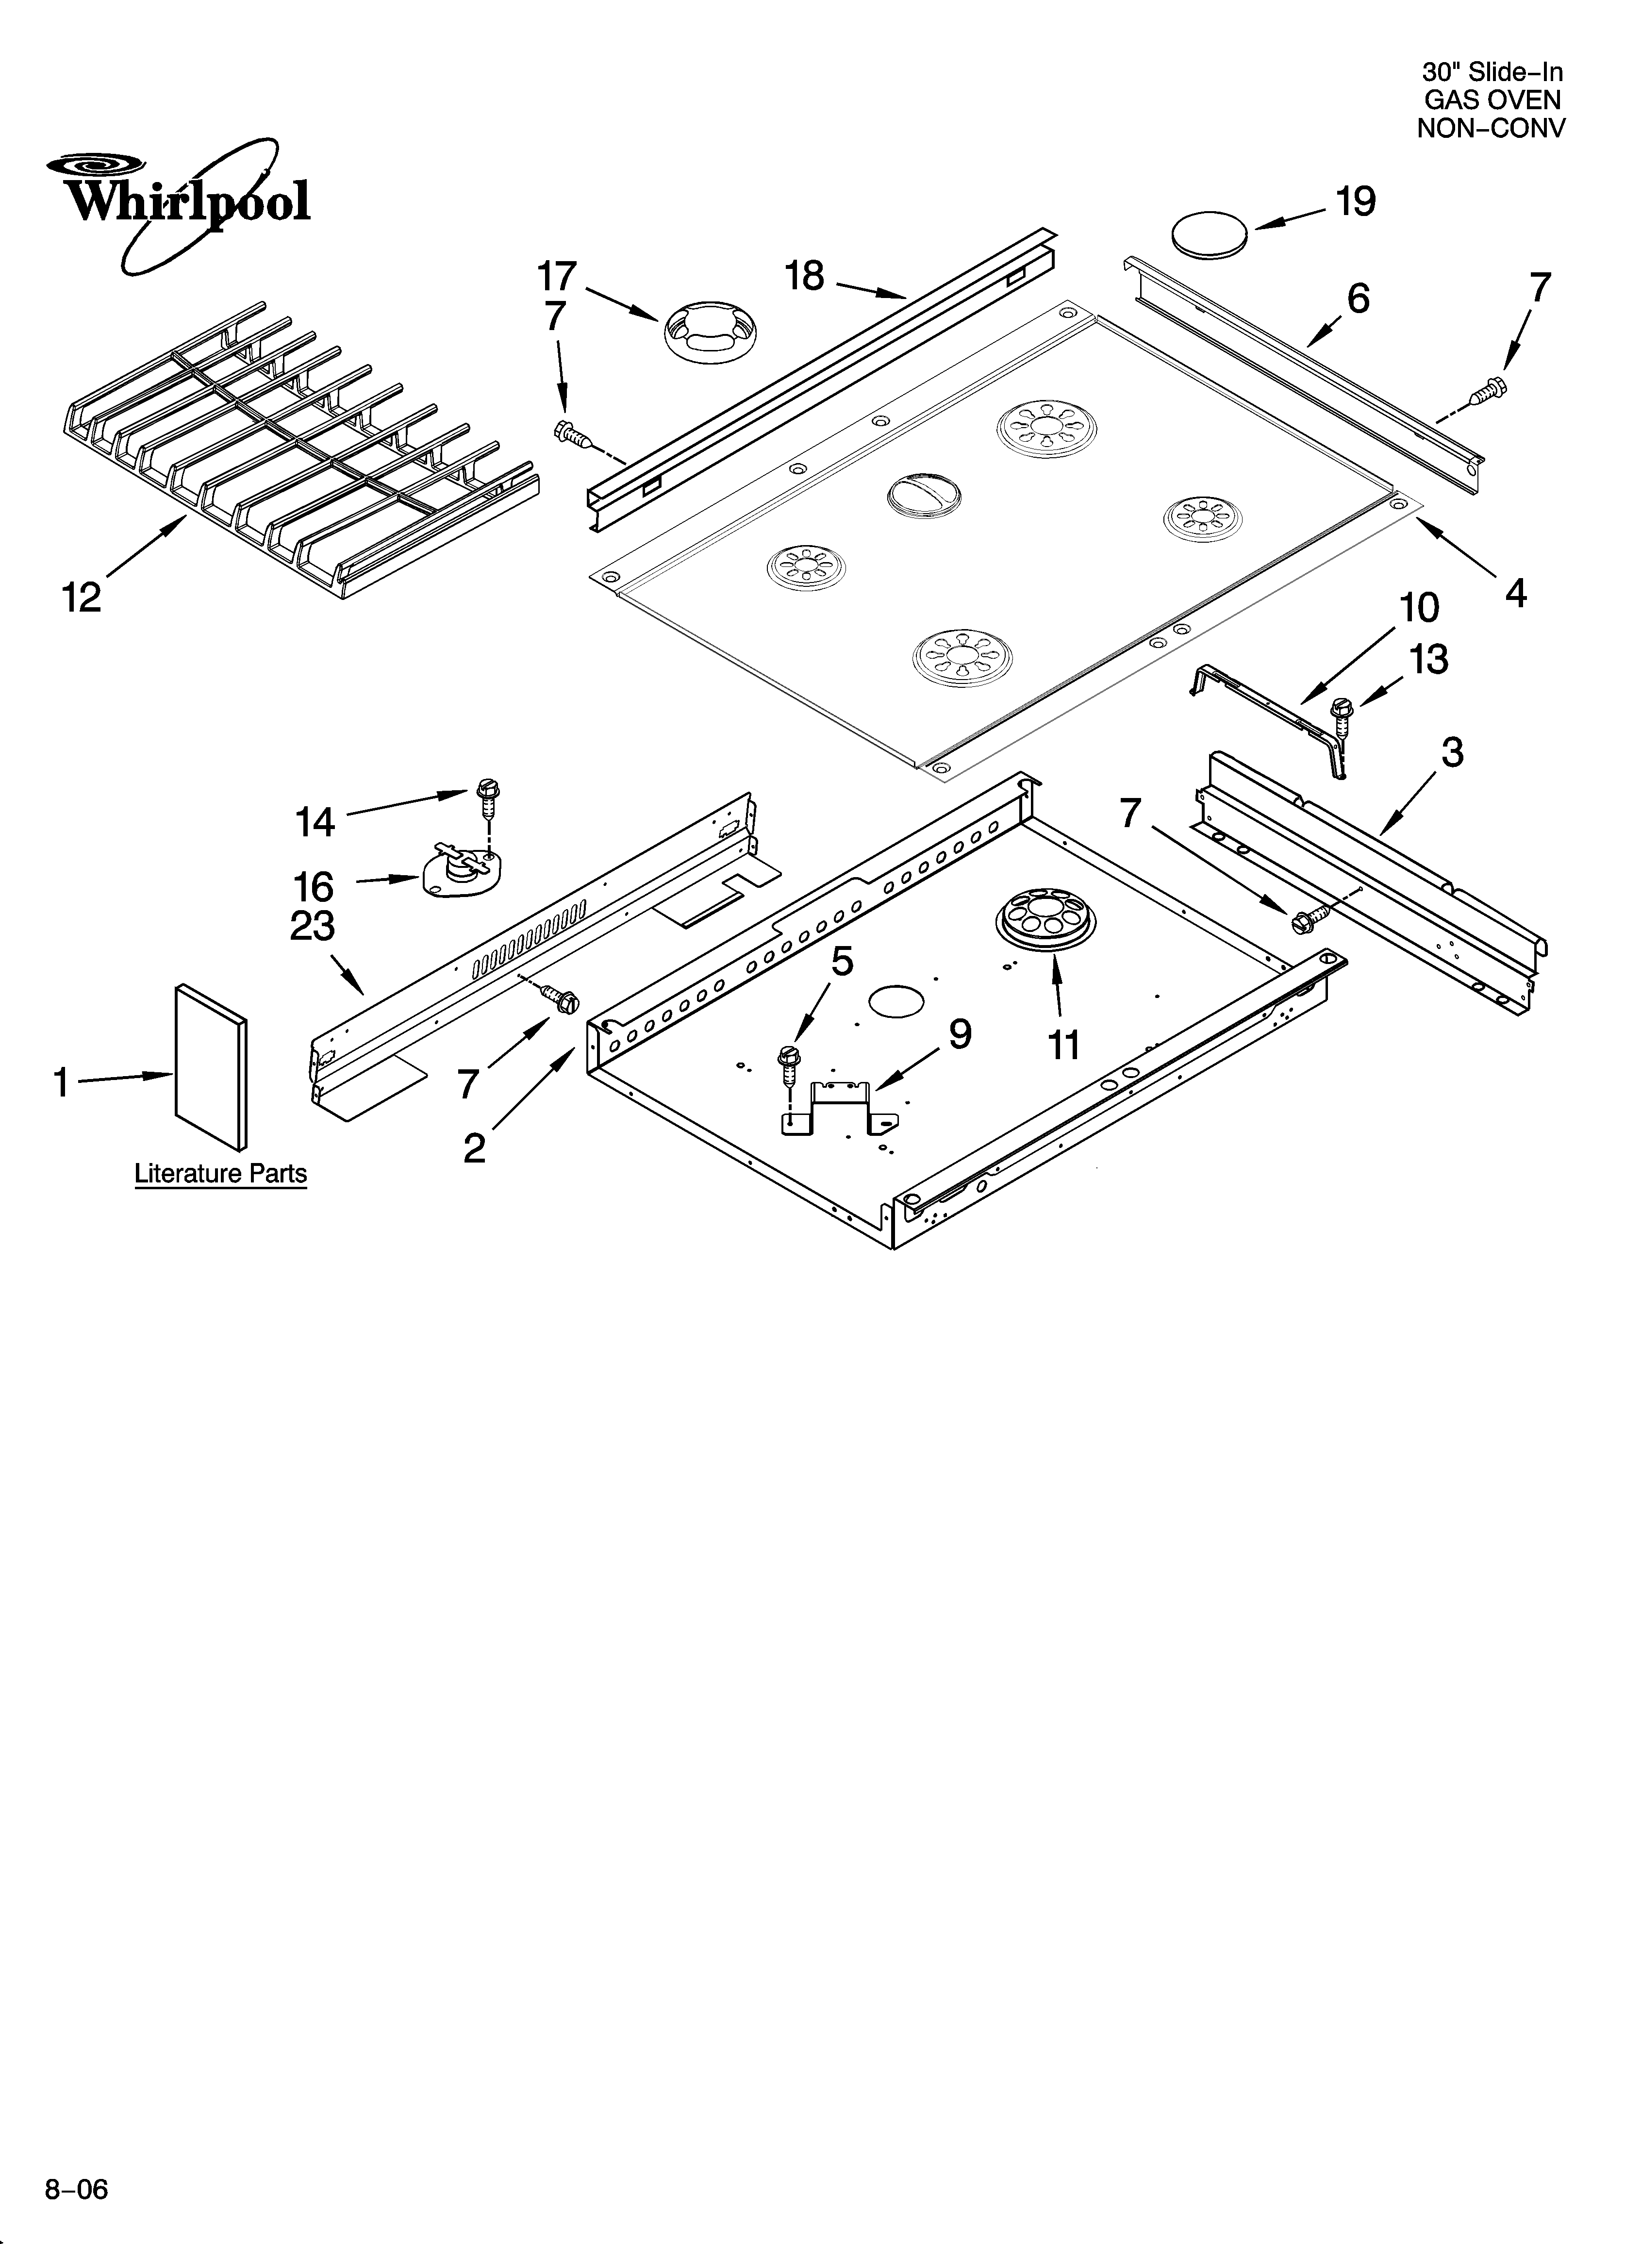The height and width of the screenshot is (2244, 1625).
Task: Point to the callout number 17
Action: click(x=557, y=276)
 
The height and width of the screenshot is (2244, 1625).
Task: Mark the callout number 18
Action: click(x=805, y=276)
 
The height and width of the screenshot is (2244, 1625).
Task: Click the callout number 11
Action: click(x=1064, y=1044)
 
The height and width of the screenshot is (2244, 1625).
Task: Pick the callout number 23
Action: click(x=313, y=927)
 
